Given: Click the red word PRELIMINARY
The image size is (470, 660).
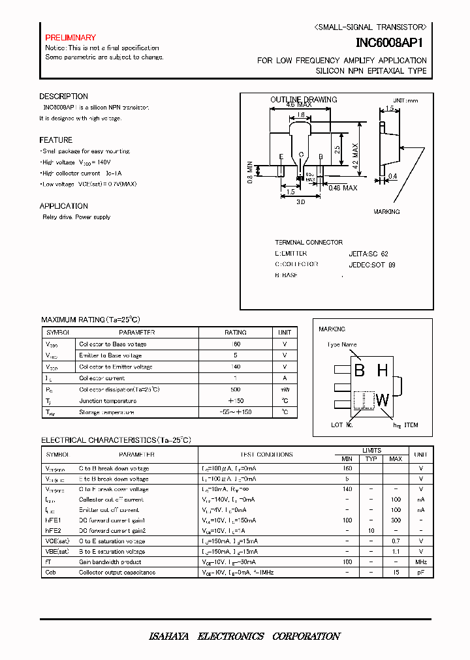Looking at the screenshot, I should [70, 38].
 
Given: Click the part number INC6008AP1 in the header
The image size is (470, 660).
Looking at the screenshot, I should [391, 43].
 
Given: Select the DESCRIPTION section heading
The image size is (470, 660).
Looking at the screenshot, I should [63, 97].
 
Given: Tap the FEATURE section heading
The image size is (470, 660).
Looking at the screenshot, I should [55, 140].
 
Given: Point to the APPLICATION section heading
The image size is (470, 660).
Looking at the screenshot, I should [63, 206].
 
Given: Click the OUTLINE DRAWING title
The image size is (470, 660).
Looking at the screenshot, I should [304, 100].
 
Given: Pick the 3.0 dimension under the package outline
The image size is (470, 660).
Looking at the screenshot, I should [301, 202].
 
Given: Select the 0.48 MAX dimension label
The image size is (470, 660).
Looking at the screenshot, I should [342, 188].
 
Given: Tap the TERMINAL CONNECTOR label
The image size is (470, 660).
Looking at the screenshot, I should [309, 242].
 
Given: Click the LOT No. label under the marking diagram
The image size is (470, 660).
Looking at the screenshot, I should [341, 425].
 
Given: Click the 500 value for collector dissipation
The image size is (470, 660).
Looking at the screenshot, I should [236, 390].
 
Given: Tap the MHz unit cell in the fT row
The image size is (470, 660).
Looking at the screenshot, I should [421, 562].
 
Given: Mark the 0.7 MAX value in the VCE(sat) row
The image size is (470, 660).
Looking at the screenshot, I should [396, 541].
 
